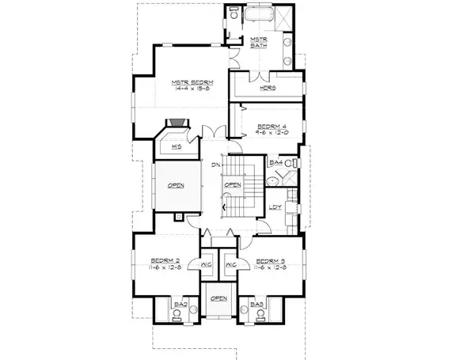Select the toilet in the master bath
[x=234, y=14]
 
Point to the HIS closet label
[x=178, y=146]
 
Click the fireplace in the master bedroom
[x=177, y=124]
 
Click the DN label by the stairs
[x=216, y=165]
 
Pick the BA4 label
[x=275, y=163]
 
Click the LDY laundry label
[x=275, y=207]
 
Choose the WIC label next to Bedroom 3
[x=232, y=265]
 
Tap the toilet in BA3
[x=257, y=315]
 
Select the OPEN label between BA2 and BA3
[x=218, y=298]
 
